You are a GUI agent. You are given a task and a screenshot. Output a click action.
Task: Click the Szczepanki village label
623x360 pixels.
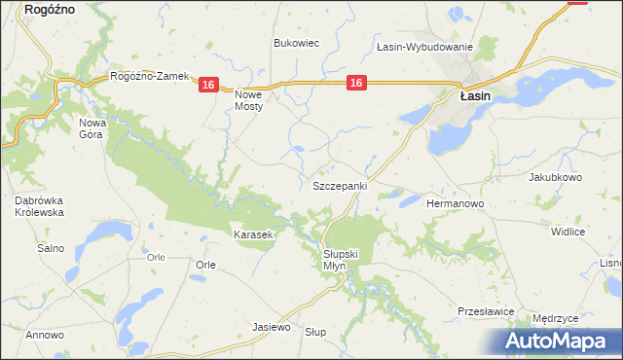[x=339, y=185]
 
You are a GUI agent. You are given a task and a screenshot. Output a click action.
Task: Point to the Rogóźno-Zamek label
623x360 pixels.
[x=149, y=77]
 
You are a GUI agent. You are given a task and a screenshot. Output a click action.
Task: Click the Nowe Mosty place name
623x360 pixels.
[x=249, y=100]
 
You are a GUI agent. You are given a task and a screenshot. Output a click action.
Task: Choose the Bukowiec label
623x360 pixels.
[x=296, y=44]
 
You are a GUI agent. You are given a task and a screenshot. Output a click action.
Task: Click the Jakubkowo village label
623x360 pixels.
[x=554, y=178]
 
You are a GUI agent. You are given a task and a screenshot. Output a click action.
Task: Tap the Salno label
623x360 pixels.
[x=51, y=248]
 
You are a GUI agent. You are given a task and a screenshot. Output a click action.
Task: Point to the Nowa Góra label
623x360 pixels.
[x=92, y=128]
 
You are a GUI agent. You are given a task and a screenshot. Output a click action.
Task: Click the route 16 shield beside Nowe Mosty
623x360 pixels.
[x=207, y=87]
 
